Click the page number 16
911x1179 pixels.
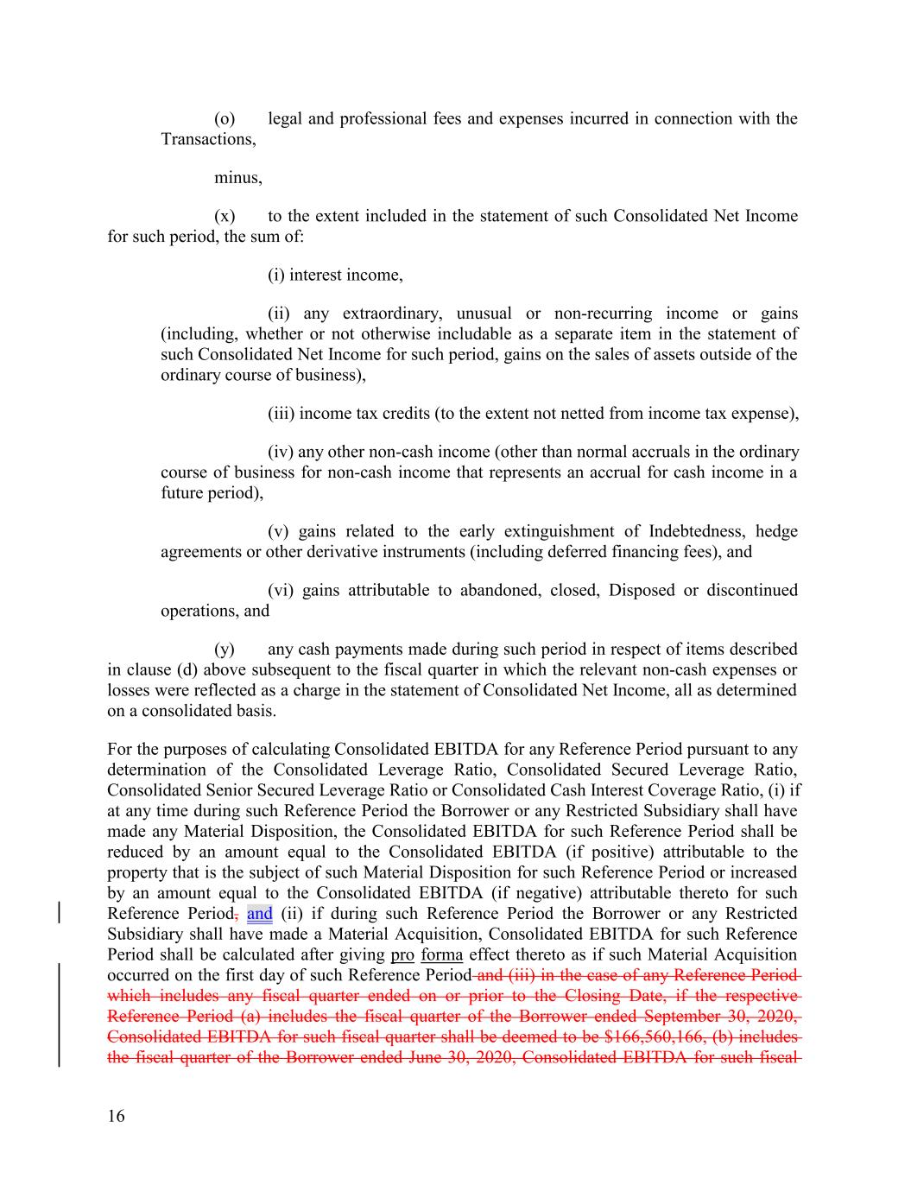point(116,1117)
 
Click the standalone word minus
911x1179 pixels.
point(237,178)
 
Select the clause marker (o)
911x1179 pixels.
point(225,119)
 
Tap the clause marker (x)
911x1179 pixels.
point(225,216)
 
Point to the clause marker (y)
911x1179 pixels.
point(225,650)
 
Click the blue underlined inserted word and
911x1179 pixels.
point(259,914)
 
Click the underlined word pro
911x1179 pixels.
point(402,954)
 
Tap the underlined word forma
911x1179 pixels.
point(441,954)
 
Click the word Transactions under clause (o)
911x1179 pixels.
point(207,140)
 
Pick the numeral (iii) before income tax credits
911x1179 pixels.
point(282,414)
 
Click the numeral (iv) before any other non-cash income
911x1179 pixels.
point(282,453)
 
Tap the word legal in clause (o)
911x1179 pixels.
point(284,119)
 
